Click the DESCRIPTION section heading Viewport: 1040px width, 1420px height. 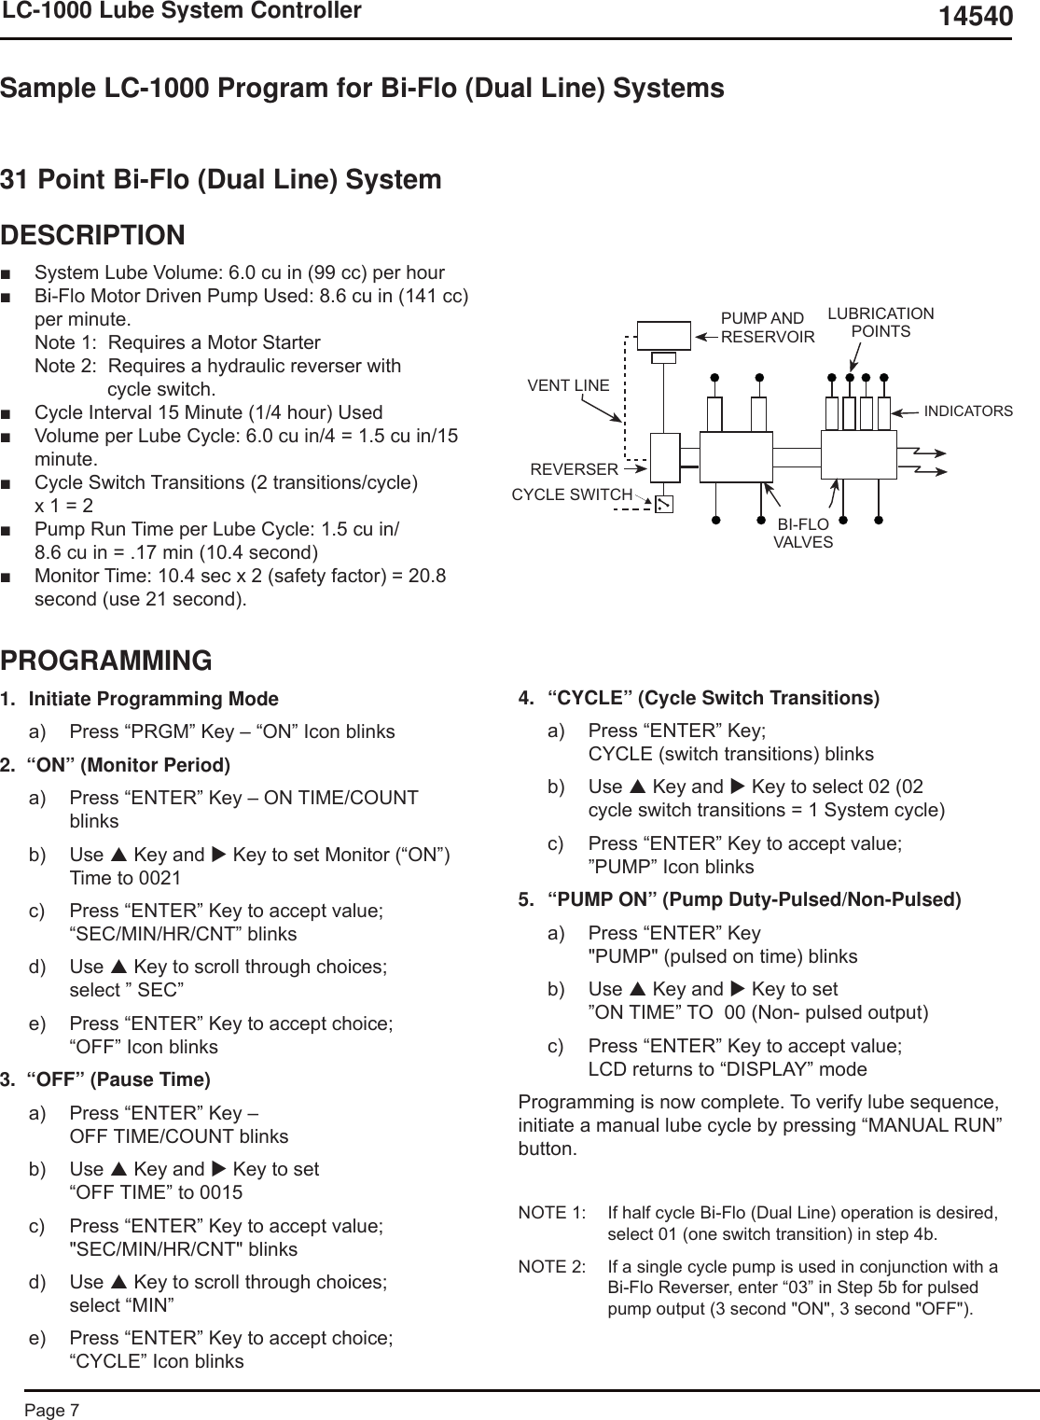[x=93, y=235]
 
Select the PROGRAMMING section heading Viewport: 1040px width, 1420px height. [x=106, y=661]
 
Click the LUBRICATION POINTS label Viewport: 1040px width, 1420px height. [x=881, y=322]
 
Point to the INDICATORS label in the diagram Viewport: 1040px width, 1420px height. [x=968, y=411]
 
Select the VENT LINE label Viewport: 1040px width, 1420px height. [x=568, y=385]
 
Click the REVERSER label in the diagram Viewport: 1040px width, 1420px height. [x=574, y=469]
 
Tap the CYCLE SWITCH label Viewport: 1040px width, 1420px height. [x=572, y=494]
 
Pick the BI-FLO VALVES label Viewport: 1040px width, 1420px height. [x=803, y=533]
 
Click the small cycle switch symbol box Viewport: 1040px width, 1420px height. [x=663, y=504]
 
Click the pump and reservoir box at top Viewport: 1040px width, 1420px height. [x=664, y=335]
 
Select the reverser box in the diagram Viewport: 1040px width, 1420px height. [x=664, y=458]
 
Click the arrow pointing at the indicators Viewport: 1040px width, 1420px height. [x=906, y=411]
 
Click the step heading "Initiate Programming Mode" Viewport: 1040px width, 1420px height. [x=154, y=699]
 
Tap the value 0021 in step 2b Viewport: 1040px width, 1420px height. [x=159, y=878]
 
